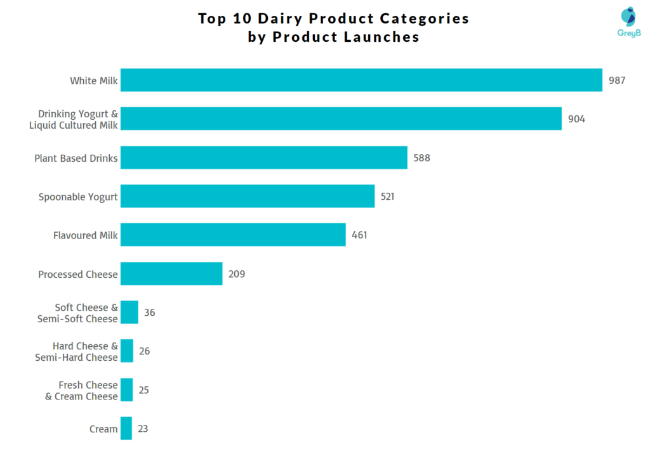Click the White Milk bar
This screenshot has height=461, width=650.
coord(361,80)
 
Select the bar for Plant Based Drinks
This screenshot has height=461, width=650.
coord(263,157)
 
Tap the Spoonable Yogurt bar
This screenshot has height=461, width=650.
coord(248,196)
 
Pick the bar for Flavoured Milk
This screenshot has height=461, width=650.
coord(233,235)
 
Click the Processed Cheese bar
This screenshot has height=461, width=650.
coord(171,273)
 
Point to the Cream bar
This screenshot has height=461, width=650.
coord(126,428)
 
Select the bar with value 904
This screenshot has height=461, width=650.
coord(341,119)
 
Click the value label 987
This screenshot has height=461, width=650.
coord(617,81)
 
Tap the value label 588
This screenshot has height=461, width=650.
coord(421,158)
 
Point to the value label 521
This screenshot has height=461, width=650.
coord(387,197)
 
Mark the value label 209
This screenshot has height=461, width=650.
coord(236,274)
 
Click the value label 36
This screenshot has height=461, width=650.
coord(149,313)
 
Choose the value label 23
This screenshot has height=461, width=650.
coord(143,429)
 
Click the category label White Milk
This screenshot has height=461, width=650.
coord(93,81)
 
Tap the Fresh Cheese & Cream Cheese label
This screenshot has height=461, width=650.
coord(81,390)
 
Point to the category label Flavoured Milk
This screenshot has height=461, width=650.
coord(85,235)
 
